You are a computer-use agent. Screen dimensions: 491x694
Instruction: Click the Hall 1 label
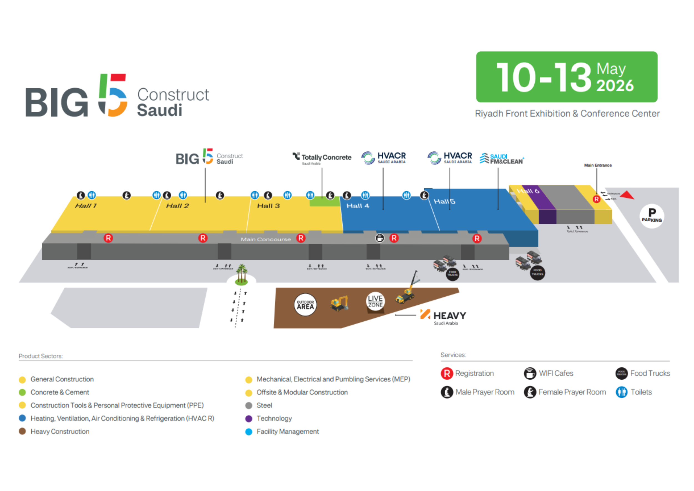pyautogui.click(x=86, y=206)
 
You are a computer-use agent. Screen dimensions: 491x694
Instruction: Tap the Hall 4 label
pyautogui.click(x=358, y=206)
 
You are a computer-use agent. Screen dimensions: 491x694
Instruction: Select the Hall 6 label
pyautogui.click(x=528, y=191)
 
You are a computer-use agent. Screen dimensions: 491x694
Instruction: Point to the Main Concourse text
pyautogui.click(x=265, y=239)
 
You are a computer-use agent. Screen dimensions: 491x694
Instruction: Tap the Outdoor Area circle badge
pyautogui.click(x=305, y=305)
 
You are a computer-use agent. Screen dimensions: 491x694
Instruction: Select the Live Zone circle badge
pyautogui.click(x=375, y=301)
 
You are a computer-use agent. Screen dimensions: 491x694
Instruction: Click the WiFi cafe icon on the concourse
pyautogui.click(x=380, y=238)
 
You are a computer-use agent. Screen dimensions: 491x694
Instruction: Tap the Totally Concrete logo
pyautogui.click(x=322, y=158)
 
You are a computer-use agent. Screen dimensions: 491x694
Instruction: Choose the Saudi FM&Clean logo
pyautogui.click(x=502, y=158)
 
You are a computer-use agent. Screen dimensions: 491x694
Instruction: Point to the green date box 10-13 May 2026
pyautogui.click(x=567, y=77)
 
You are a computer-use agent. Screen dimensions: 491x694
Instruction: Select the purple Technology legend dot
pyautogui.click(x=249, y=419)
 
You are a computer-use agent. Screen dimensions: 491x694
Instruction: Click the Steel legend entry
pyautogui.click(x=264, y=405)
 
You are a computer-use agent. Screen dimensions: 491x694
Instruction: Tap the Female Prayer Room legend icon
pyautogui.click(x=530, y=392)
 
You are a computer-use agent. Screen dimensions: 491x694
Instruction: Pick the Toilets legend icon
pyautogui.click(x=622, y=392)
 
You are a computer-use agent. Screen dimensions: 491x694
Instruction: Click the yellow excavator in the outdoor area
pyautogui.click(x=340, y=303)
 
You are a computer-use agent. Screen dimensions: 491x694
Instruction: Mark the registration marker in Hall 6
pyautogui.click(x=596, y=199)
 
